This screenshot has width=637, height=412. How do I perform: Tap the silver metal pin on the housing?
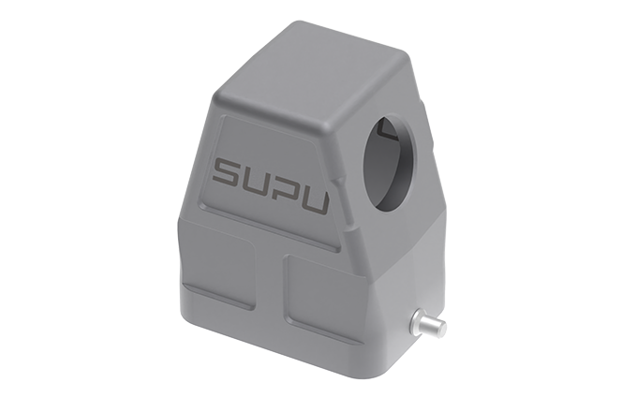pyautogui.click(x=425, y=327)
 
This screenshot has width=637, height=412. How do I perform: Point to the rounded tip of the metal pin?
pyautogui.click(x=441, y=330)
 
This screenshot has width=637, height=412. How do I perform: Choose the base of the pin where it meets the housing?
pyautogui.click(x=412, y=323)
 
